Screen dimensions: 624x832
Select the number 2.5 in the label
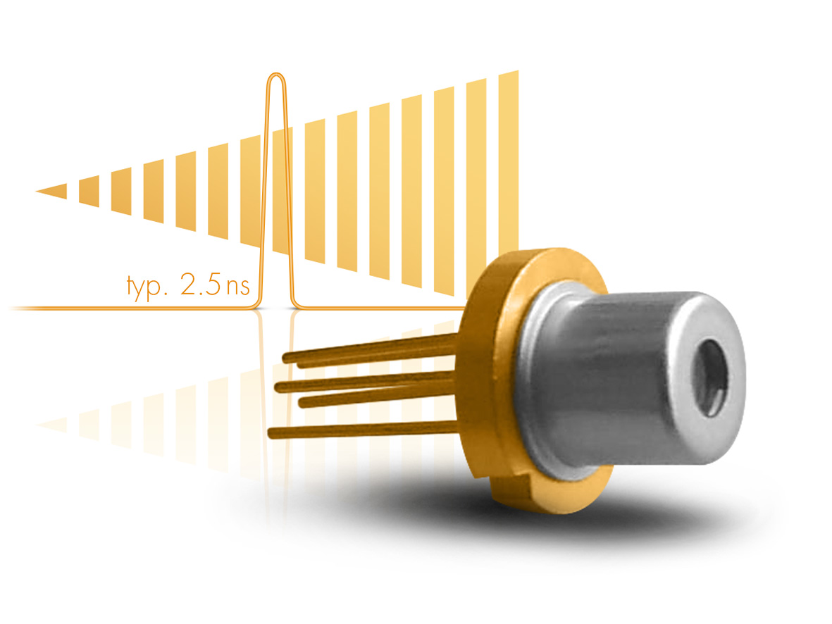(202, 285)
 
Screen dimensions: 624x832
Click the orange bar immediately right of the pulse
(314, 190)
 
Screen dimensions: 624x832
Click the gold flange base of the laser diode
(493, 366)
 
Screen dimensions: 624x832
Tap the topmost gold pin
(366, 348)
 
